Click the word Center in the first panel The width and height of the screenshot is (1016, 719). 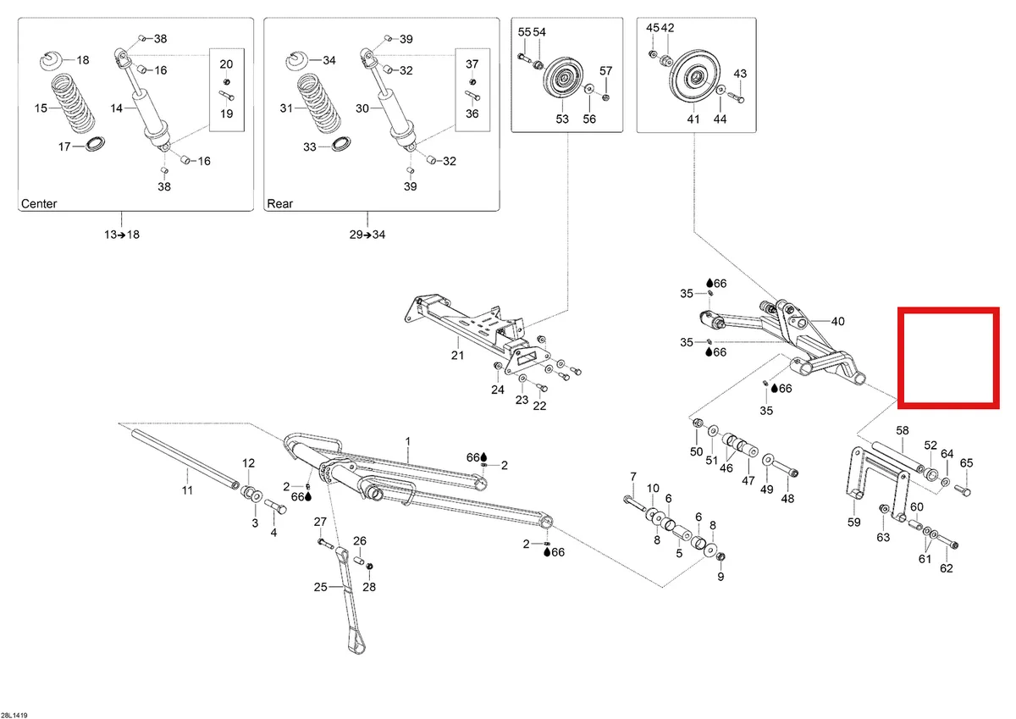pyautogui.click(x=39, y=204)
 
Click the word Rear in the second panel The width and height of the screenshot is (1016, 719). pyautogui.click(x=280, y=204)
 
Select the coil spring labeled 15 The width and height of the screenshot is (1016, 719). pyautogui.click(x=73, y=103)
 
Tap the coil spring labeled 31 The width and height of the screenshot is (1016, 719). pyautogui.click(x=319, y=103)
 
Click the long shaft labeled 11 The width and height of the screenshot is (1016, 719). pyautogui.click(x=185, y=459)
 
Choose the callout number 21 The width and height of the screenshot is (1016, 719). pyautogui.click(x=457, y=355)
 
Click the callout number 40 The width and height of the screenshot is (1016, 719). pyautogui.click(x=837, y=322)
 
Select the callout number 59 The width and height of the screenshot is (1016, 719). pyautogui.click(x=853, y=523)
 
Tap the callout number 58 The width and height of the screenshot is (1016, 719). pyautogui.click(x=903, y=430)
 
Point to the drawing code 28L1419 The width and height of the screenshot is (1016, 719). pyautogui.click(x=14, y=716)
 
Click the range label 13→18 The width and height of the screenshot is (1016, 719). pyautogui.click(x=122, y=235)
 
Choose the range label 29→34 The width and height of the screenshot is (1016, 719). pyautogui.click(x=367, y=235)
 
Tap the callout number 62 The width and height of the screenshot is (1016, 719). pyautogui.click(x=946, y=568)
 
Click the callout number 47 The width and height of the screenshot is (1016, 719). pyautogui.click(x=748, y=480)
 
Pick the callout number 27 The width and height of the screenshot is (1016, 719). pyautogui.click(x=320, y=522)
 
